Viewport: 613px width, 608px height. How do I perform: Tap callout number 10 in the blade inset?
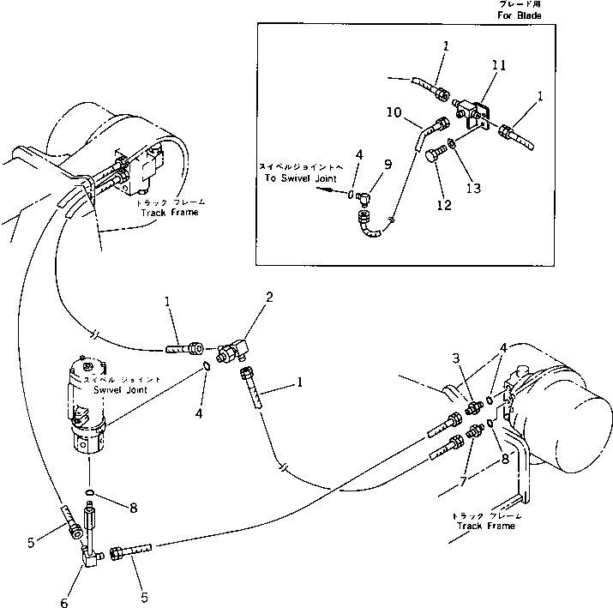click(x=394, y=111)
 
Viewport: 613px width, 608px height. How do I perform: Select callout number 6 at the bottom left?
click(x=63, y=603)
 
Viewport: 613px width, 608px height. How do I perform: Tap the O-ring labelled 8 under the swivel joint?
click(x=89, y=492)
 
